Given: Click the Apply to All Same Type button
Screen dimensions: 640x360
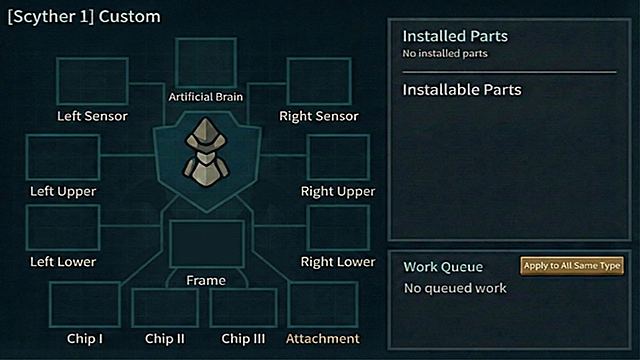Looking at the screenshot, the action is [x=572, y=266].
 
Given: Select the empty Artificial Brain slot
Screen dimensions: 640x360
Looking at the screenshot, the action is [x=206, y=63].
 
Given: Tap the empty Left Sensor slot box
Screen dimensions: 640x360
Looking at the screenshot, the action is [x=92, y=81].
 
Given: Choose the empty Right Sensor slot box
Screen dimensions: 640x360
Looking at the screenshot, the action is [x=319, y=81].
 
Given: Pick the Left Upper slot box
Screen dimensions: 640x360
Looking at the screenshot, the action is [x=63, y=158].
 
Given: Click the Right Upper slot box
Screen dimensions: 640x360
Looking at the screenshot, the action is [x=338, y=158].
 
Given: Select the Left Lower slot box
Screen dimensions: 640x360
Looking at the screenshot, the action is [x=63, y=228].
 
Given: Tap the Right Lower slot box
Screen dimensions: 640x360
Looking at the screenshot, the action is [x=338, y=228].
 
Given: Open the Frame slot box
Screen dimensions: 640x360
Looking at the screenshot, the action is [x=207, y=244].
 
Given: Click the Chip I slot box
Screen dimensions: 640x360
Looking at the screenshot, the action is [x=85, y=304].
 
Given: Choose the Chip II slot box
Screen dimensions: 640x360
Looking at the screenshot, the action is [x=165, y=308].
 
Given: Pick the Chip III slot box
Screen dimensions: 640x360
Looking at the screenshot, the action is [x=243, y=308].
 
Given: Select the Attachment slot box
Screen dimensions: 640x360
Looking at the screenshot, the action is [x=323, y=304].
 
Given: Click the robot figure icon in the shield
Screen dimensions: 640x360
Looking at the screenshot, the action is [x=206, y=153].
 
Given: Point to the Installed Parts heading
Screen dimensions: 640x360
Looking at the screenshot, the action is [x=455, y=36].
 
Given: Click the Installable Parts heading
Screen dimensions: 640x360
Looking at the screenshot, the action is [x=462, y=90].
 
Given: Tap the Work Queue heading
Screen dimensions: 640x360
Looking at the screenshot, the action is [x=443, y=267].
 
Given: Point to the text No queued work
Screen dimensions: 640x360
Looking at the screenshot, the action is [x=455, y=288].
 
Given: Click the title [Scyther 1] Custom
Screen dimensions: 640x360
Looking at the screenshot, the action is [x=84, y=17].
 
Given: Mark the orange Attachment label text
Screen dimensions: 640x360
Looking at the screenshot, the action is [x=323, y=339].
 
